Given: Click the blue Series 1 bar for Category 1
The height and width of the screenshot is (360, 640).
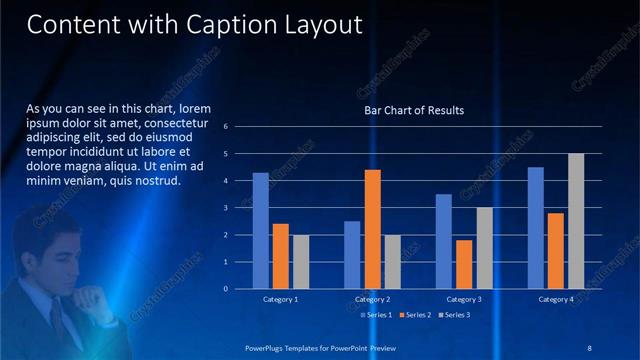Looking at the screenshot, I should [260, 231].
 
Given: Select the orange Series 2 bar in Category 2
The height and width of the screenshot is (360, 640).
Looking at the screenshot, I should [372, 229].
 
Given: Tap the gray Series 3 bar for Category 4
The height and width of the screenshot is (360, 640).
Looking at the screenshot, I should [575, 221].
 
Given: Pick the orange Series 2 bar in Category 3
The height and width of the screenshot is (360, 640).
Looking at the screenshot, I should [464, 264].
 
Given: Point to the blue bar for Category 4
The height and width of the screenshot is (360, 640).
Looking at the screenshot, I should [536, 228].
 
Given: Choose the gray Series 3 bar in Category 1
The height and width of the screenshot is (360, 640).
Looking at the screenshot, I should [300, 262].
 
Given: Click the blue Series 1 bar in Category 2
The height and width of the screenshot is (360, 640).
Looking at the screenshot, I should [352, 255].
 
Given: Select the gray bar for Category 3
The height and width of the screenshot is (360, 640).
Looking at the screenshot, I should [483, 248].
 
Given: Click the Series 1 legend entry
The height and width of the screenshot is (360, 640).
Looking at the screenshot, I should [376, 315].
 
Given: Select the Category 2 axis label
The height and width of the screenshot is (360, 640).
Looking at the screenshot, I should [372, 299].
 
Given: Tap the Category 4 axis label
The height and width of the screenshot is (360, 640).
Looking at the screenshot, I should [556, 299].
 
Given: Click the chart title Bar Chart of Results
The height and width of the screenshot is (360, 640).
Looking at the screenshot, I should [414, 109].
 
